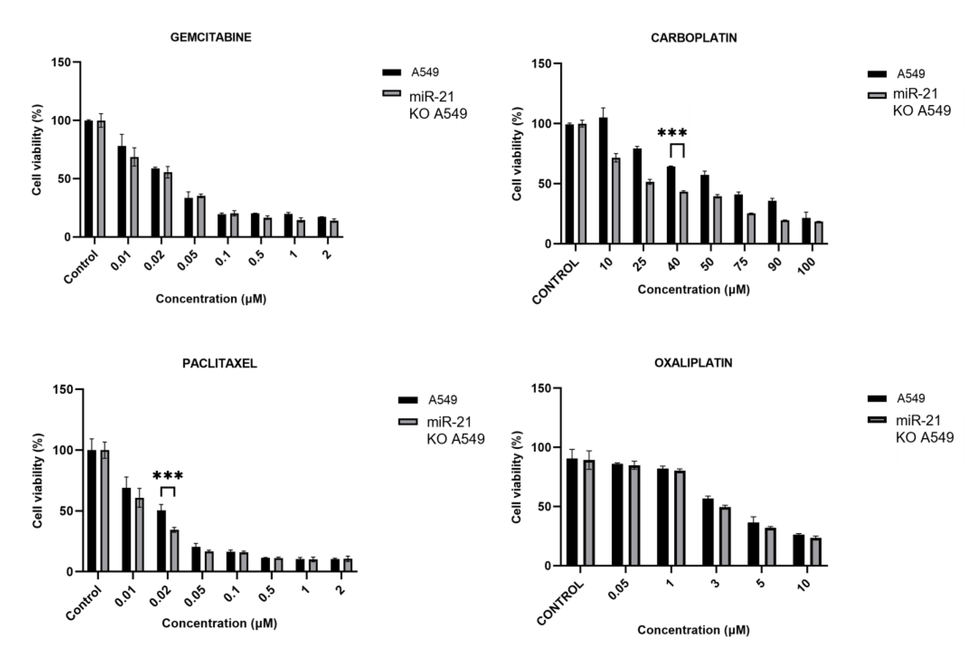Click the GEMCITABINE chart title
click(211, 38)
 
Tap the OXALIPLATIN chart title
click(693, 363)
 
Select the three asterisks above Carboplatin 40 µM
click(672, 133)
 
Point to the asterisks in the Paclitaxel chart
click(167, 475)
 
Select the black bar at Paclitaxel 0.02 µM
click(161, 541)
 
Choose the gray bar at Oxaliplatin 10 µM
click(816, 552)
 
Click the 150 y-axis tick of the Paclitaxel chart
click(63, 389)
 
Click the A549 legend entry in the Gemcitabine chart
click(425, 73)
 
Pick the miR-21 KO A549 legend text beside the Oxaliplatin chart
click(924, 429)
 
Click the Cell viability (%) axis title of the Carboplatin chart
click(517, 154)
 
